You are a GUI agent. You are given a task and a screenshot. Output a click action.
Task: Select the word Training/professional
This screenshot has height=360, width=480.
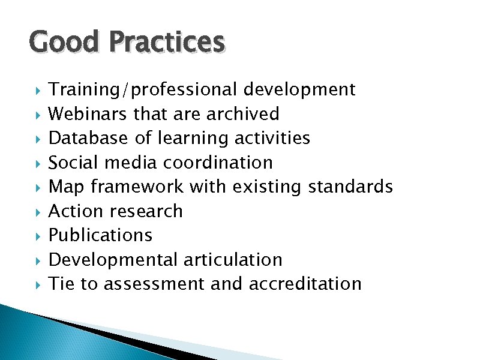[143, 90]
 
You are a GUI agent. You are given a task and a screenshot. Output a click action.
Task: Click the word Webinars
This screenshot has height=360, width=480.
[88, 114]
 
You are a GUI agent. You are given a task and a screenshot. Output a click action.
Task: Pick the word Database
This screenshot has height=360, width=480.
[88, 138]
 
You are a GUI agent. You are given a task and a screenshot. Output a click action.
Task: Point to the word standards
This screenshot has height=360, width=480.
[350, 187]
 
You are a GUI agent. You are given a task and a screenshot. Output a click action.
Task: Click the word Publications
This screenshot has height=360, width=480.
[100, 235]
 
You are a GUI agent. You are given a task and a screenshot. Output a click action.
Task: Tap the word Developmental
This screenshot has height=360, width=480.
[112, 260]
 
